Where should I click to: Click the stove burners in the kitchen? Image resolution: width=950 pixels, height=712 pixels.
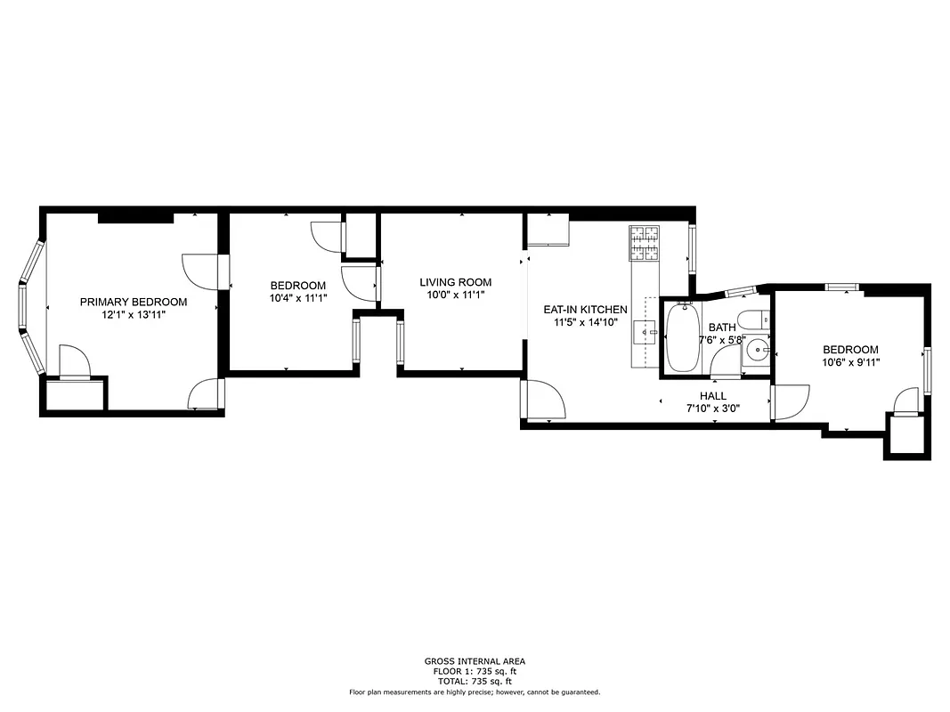pos(646,244)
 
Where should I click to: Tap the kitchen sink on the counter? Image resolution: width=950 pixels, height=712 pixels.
pos(644,332)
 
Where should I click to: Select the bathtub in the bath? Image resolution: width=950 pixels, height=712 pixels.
pos(683,337)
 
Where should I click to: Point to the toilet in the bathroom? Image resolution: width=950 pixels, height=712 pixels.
pos(752,320)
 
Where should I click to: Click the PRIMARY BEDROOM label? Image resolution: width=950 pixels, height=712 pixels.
pos(134,302)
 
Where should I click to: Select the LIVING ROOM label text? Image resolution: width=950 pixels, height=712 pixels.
pos(455,282)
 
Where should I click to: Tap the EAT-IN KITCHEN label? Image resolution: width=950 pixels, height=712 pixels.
pos(585,310)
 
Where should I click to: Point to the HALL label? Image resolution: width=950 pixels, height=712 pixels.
pos(712,396)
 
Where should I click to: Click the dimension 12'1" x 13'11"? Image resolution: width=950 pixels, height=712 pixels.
pos(134,314)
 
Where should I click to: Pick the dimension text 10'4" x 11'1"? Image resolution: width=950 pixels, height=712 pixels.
pos(297,298)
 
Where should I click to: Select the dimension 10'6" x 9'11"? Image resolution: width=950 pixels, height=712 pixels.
pos(849,362)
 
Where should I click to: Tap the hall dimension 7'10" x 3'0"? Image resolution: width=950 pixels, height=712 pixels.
pos(712,409)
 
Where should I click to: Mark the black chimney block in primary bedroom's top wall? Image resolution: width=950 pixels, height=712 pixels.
pos(134,217)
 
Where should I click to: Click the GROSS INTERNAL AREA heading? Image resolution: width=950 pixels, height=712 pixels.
pos(475,661)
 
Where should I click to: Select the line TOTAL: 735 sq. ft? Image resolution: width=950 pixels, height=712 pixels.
pos(475,680)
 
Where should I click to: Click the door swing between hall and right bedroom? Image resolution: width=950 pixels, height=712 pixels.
pos(790,401)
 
